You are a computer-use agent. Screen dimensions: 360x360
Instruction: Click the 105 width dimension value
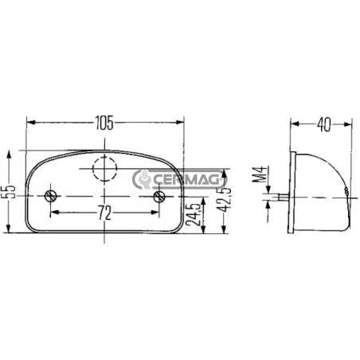tap(104, 123)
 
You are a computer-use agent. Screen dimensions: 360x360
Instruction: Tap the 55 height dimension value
tap(11, 192)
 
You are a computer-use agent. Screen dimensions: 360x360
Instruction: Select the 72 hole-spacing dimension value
tap(105, 213)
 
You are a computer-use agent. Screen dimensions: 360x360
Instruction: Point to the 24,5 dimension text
tap(194, 215)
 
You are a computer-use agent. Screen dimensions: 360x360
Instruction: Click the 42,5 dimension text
tap(225, 200)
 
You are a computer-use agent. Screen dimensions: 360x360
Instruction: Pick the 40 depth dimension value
tap(324, 124)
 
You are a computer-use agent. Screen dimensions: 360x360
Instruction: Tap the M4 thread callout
tap(259, 174)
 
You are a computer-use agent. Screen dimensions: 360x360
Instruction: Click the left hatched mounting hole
tap(50, 196)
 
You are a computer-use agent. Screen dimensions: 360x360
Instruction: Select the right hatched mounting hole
tap(159, 197)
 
